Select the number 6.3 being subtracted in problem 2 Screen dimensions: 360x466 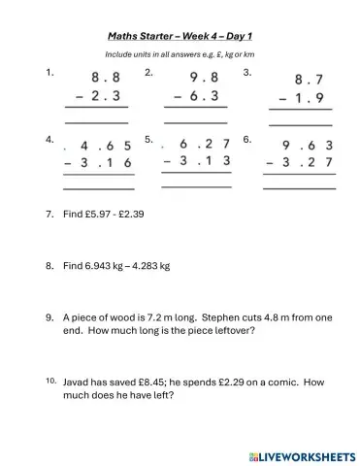pyautogui.click(x=209, y=96)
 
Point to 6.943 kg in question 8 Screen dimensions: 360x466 pyautogui.click(x=107, y=265)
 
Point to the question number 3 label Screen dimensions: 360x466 pyautogui.click(x=247, y=72)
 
